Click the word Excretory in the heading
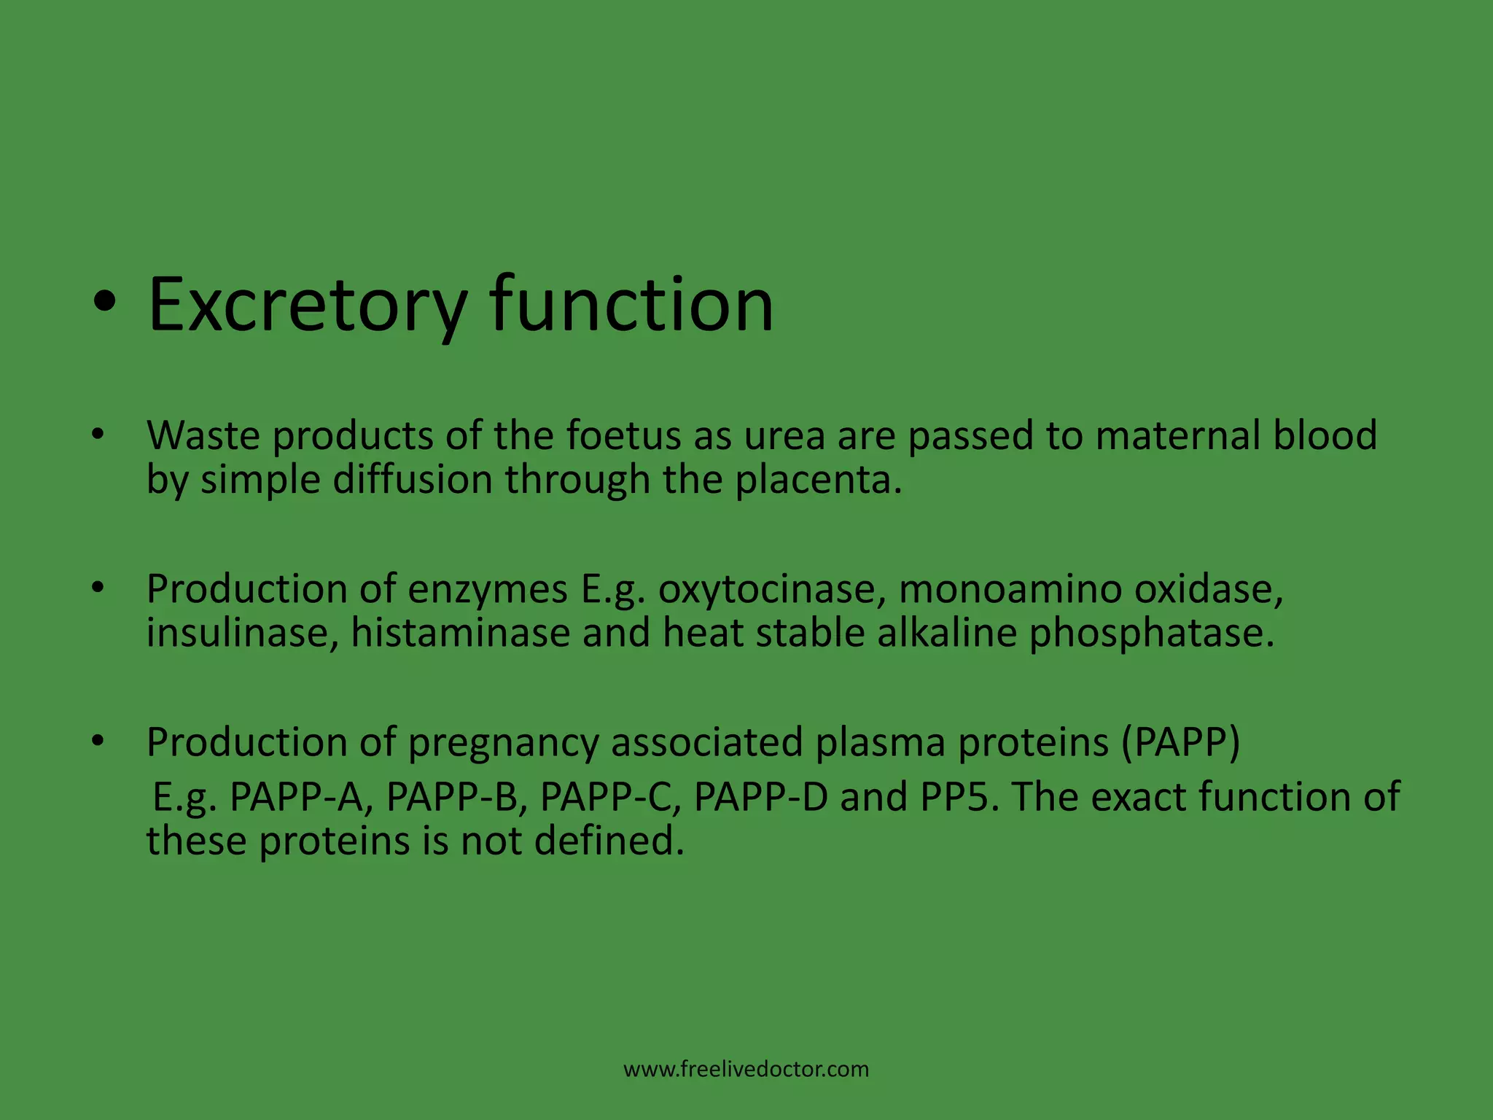pyautogui.click(x=306, y=305)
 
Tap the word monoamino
pyautogui.click(x=1010, y=590)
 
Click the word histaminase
pyautogui.click(x=460, y=633)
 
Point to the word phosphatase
pyautogui.click(x=1151, y=633)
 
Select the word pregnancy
pyautogui.click(x=503, y=743)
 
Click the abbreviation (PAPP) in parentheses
pyautogui.click(x=1180, y=743)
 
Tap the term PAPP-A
pyautogui.click(x=296, y=798)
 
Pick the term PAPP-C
pyautogui.click(x=609, y=798)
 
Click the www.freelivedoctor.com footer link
pyautogui.click(x=746, y=1070)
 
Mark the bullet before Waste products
pyautogui.click(x=98, y=435)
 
